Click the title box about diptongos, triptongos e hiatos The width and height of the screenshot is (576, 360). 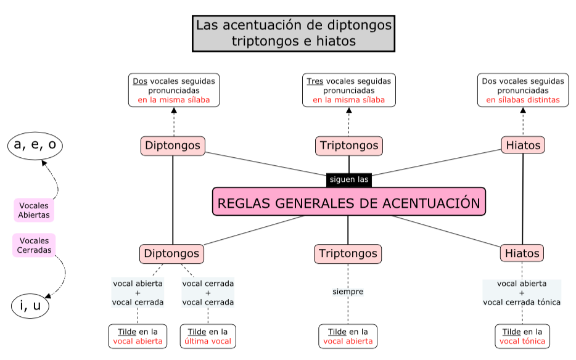(x=294, y=33)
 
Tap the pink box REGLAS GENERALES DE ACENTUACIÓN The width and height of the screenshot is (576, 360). (x=349, y=202)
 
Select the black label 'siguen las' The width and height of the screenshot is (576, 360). (x=349, y=180)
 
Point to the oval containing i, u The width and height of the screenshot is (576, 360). (x=30, y=306)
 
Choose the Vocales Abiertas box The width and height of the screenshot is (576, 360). (x=34, y=210)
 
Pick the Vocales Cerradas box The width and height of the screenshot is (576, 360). (x=34, y=245)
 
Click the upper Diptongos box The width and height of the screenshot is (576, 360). (x=173, y=146)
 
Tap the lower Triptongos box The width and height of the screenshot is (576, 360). (x=348, y=253)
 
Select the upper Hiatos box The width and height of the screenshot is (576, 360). (x=523, y=146)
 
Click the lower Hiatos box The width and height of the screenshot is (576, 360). (x=522, y=253)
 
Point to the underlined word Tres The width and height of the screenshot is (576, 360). (x=315, y=81)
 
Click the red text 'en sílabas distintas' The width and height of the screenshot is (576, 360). (x=523, y=100)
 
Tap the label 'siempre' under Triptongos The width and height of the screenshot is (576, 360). (x=348, y=292)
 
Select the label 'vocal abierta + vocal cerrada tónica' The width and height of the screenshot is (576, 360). (x=522, y=293)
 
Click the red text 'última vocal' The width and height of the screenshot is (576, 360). (x=208, y=341)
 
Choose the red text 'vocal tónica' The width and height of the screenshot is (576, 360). (x=522, y=341)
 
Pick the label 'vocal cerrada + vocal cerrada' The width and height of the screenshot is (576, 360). (x=208, y=293)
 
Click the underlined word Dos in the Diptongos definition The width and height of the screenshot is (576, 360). (x=139, y=81)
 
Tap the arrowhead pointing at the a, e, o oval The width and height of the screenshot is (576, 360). (x=43, y=163)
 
